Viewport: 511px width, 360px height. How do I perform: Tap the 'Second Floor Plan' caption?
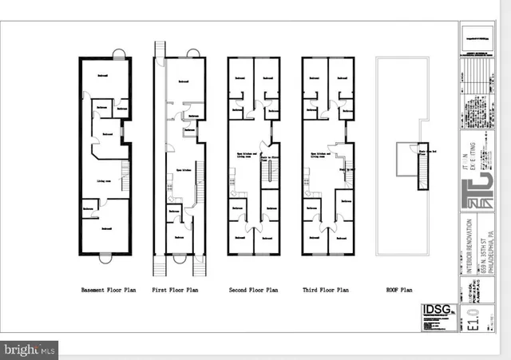point(253,291)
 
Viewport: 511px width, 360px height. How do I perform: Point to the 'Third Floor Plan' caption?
point(327,291)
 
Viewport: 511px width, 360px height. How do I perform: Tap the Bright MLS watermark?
point(30,349)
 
